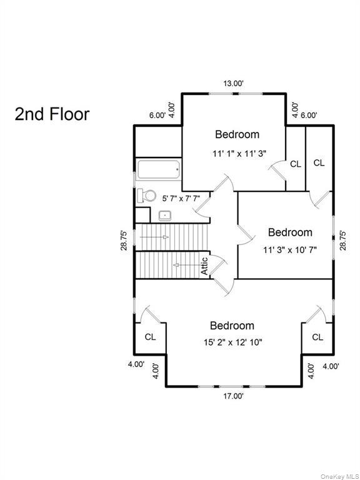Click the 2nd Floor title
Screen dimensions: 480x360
point(52,114)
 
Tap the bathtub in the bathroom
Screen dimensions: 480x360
point(158,169)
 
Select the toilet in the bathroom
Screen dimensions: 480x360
point(147,196)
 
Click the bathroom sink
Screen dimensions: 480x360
point(166,216)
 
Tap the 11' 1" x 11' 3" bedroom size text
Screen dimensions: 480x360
point(237,152)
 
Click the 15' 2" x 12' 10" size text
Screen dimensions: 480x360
point(232,343)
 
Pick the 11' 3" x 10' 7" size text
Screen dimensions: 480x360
point(289,249)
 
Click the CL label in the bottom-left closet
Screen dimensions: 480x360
point(150,337)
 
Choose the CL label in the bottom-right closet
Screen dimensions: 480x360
point(317,337)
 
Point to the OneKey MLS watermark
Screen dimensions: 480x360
point(339,476)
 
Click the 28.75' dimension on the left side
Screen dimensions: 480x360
point(124,241)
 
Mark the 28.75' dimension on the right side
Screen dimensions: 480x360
point(342,241)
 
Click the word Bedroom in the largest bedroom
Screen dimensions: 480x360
point(232,326)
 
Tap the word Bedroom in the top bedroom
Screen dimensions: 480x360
point(237,134)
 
